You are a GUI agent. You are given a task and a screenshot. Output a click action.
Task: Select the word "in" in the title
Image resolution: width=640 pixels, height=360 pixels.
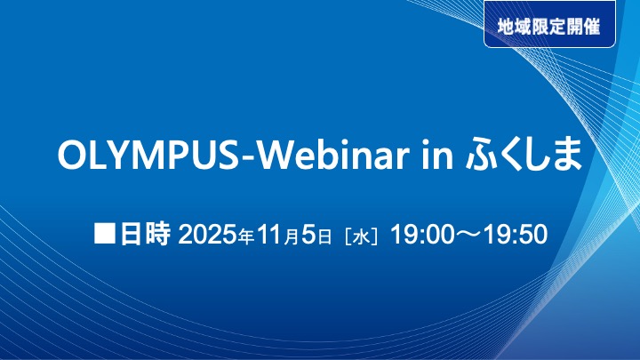tap(436, 156)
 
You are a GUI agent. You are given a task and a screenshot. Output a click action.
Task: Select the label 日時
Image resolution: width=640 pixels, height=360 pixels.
tap(145, 236)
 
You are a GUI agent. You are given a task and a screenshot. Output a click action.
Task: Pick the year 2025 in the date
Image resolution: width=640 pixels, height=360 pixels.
tap(209, 236)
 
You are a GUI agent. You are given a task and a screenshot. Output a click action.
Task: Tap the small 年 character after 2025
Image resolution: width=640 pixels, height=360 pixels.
tap(248, 238)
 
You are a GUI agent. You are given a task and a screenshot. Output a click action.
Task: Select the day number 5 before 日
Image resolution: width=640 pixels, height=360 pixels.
tap(308, 236)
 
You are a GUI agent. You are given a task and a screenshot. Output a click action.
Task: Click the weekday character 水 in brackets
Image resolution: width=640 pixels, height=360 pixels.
tap(360, 237)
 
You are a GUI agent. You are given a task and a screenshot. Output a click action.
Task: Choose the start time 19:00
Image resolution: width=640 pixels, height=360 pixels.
tap(420, 236)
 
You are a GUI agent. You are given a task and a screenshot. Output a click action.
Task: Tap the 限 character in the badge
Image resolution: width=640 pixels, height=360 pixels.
tap(543, 26)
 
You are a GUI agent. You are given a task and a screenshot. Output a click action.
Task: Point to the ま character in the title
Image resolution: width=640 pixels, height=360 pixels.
tap(568, 156)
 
